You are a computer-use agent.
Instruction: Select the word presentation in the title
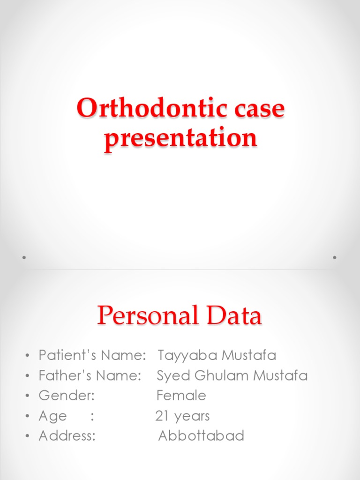[180, 138]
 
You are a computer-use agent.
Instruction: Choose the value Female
[181, 396]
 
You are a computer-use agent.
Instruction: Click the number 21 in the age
[161, 416]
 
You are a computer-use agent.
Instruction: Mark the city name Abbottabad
[201, 436]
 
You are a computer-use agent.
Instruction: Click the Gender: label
[67, 396]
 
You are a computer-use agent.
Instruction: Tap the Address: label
[67, 436]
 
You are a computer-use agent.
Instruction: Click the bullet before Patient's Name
[28, 356]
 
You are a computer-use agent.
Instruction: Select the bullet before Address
[28, 437]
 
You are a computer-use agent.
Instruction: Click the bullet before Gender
[28, 397]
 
